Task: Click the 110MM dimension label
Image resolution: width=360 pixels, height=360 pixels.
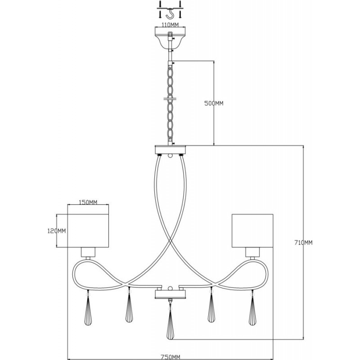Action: point(170,25)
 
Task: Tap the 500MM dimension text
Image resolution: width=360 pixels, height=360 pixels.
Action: point(214,103)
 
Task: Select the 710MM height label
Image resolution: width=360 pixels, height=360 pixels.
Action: point(303,243)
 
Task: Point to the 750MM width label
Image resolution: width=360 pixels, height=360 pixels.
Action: point(171,357)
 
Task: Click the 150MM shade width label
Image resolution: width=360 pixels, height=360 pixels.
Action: point(88,202)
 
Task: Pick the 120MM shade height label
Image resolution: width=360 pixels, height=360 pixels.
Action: point(57,231)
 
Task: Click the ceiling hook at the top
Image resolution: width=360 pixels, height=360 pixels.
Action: point(170,14)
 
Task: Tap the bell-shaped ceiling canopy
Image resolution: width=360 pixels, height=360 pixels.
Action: point(170,38)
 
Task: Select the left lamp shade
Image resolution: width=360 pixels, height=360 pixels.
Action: point(88,231)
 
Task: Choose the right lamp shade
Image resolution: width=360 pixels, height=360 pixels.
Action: point(252,231)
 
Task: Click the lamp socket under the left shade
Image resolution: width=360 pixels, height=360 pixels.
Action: point(88,252)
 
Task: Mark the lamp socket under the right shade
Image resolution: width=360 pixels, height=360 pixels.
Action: point(252,252)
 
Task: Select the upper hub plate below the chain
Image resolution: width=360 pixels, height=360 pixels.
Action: point(170,149)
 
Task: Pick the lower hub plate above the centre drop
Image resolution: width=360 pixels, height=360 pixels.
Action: point(170,294)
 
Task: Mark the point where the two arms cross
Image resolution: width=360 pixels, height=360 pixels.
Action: point(170,240)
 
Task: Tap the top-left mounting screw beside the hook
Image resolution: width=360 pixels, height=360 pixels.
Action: point(161,4)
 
